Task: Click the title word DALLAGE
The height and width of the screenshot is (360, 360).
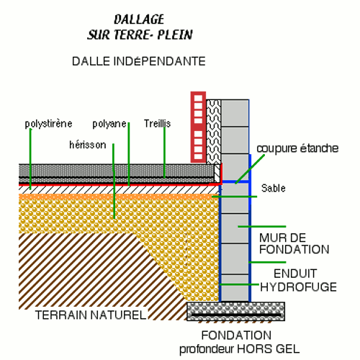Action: tap(139, 19)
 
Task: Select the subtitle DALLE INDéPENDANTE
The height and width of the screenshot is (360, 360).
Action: tap(139, 61)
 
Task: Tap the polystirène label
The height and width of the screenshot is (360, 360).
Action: tap(48, 124)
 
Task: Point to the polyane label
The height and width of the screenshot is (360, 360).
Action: tap(109, 124)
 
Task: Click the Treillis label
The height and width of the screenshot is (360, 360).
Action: tap(157, 124)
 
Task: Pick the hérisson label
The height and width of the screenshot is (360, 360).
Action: tap(88, 145)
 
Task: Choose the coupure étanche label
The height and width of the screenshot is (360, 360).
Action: tap(297, 148)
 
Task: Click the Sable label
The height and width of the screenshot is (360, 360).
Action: tap(274, 188)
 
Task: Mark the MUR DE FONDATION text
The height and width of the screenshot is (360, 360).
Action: tap(294, 243)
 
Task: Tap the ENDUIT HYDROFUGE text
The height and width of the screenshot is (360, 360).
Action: tap(298, 280)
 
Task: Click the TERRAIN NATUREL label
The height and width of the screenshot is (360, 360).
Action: tap(91, 315)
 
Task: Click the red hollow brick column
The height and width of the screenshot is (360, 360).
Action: tap(198, 127)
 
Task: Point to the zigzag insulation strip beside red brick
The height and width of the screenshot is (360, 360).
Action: tap(214, 132)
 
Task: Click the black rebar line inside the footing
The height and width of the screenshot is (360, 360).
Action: tap(236, 315)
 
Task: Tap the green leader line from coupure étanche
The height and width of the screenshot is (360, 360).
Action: tap(250, 169)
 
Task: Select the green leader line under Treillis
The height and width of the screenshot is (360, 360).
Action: tap(164, 153)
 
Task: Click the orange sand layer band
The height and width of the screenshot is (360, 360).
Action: tap(119, 197)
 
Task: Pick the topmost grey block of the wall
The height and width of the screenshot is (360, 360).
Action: tap(235, 113)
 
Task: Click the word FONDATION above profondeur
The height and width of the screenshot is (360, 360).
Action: tap(236, 336)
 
